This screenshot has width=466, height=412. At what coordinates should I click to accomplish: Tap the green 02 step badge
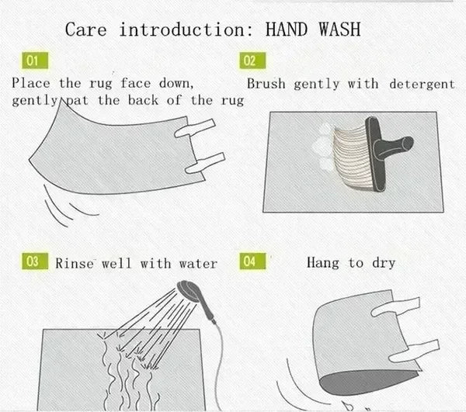click(249, 61)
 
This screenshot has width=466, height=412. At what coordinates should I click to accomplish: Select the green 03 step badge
click(32, 261)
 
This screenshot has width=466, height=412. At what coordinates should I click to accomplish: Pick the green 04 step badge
click(249, 261)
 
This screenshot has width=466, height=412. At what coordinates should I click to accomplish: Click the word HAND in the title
click(293, 30)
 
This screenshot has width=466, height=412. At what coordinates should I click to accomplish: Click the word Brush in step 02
click(267, 83)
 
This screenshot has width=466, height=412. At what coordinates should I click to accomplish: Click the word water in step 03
click(199, 263)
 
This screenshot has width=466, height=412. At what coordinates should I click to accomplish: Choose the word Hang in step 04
click(322, 263)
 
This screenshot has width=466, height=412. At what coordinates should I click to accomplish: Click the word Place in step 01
click(34, 83)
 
